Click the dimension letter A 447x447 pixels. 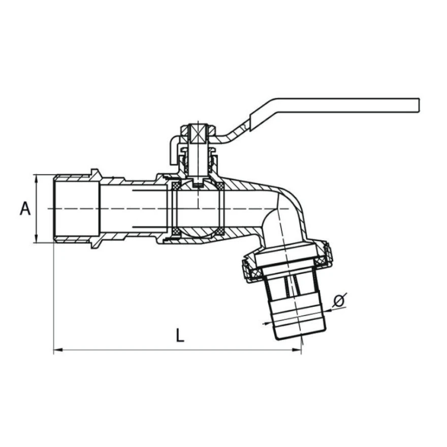point(25,208)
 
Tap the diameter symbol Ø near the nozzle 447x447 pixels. point(339,300)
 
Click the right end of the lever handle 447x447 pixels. point(419,105)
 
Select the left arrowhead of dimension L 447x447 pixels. point(58,349)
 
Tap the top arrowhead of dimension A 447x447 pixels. point(36,178)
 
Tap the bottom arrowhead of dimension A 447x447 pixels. point(36,238)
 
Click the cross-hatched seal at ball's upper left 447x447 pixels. point(175,186)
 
